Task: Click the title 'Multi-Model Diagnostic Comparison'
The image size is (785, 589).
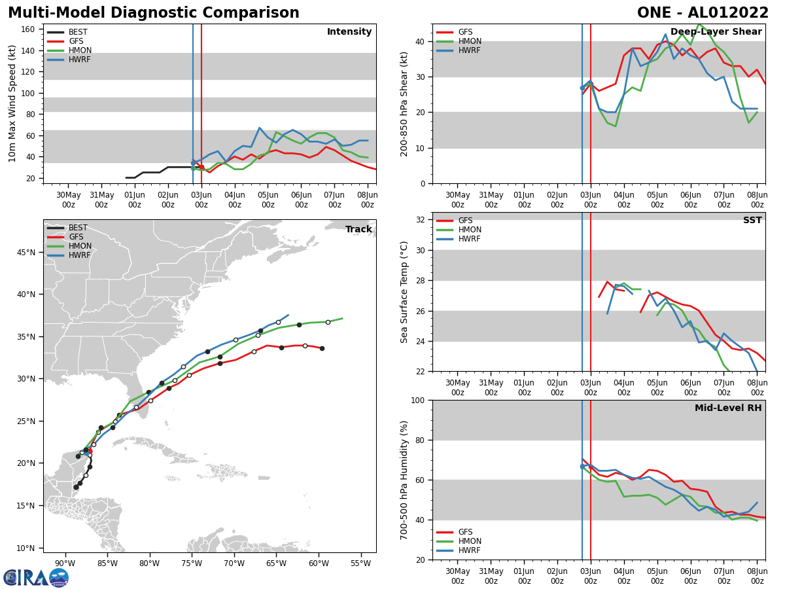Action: (x=153, y=13)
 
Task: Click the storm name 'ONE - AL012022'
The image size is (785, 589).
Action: (x=703, y=13)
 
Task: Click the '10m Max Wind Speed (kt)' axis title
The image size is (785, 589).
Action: (x=12, y=103)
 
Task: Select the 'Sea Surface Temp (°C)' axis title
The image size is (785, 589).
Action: (x=404, y=292)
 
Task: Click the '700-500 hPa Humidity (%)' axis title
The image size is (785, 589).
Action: (x=404, y=480)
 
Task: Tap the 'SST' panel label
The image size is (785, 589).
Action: (x=752, y=221)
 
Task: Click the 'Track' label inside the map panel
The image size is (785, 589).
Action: (x=358, y=230)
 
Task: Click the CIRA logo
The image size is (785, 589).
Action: (x=35, y=577)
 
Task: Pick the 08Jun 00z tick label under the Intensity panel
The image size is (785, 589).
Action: (x=367, y=200)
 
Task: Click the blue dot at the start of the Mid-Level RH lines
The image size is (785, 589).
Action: (x=582, y=467)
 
